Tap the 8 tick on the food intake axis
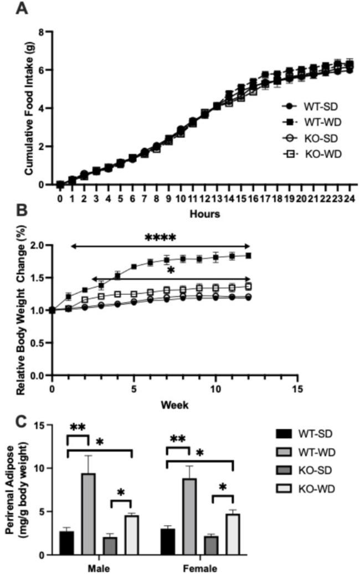click(x=41, y=32)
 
